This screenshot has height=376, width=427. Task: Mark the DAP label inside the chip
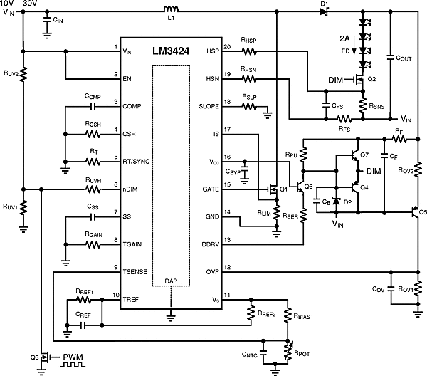[171, 281]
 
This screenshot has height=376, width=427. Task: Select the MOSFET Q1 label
[283, 189]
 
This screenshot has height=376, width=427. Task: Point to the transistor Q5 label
[422, 211]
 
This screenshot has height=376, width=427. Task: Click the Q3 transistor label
[33, 357]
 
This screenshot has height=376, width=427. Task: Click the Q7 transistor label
[364, 155]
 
